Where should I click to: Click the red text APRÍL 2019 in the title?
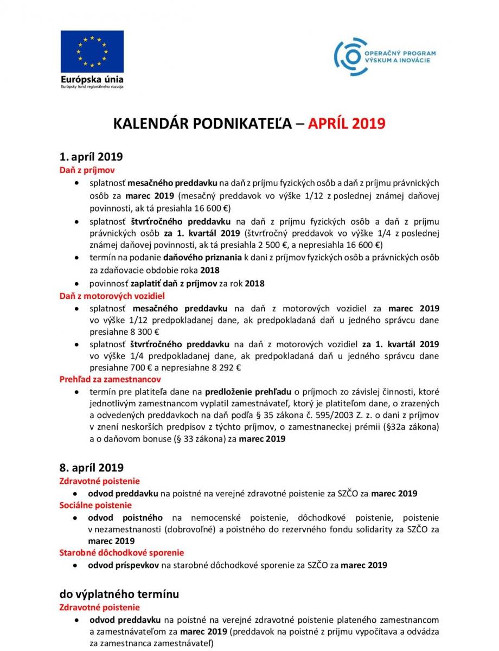(x=347, y=124)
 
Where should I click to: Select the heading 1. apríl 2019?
(x=91, y=157)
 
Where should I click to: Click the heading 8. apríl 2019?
(x=91, y=467)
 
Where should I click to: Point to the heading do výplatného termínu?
(x=119, y=594)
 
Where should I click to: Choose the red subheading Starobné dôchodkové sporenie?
(x=121, y=553)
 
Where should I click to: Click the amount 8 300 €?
(x=134, y=332)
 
